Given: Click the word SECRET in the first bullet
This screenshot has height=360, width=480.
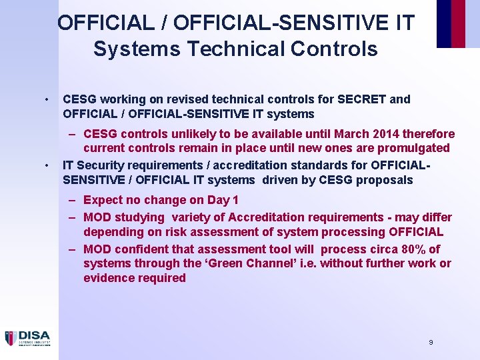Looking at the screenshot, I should coord(363,99).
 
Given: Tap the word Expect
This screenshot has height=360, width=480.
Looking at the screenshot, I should coord(103,200).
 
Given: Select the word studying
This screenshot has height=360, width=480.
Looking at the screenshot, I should coord(141,217).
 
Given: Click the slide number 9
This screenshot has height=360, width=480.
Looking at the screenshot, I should coord(431,342).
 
